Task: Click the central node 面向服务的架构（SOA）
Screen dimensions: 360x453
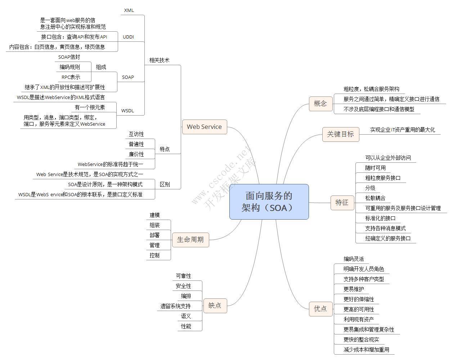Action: (269, 202)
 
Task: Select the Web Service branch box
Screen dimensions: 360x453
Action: (204, 127)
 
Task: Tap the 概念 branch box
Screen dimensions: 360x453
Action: (320, 104)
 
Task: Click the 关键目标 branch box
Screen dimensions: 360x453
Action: (340, 134)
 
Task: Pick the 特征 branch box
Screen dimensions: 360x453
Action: (342, 202)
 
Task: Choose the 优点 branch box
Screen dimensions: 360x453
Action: (320, 309)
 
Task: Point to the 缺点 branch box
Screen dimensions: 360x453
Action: (215, 305)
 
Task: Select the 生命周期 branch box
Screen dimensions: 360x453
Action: (190, 239)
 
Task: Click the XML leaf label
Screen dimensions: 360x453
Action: (129, 10)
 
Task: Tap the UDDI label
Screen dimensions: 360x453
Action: (128, 37)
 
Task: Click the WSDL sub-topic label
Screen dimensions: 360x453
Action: (127, 111)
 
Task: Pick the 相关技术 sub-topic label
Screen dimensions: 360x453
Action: (159, 60)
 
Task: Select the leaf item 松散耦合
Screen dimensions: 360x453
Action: (375, 198)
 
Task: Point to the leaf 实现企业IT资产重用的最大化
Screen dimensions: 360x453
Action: (402, 130)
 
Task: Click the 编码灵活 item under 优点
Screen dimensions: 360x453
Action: (354, 259)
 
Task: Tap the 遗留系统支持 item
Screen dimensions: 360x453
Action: (175, 306)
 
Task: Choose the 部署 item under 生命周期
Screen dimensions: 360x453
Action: (154, 235)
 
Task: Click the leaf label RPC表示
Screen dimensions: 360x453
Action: (71, 77)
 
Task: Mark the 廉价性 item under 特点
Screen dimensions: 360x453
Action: (136, 154)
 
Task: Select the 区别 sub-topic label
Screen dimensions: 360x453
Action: (165, 184)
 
